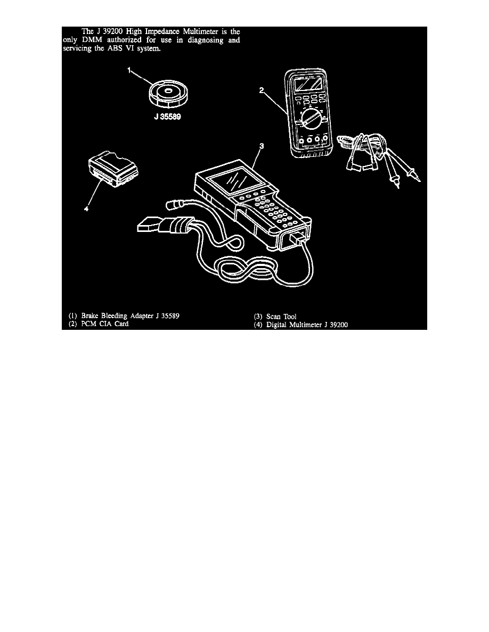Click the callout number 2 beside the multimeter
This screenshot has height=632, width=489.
tap(262, 90)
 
